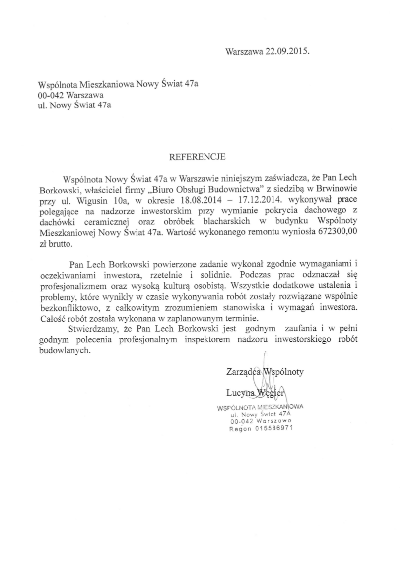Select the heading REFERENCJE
[198, 157]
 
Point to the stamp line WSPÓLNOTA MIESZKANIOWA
[261, 406]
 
